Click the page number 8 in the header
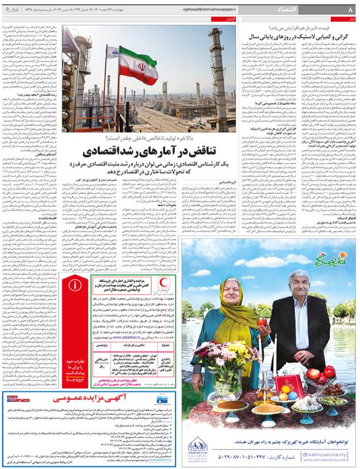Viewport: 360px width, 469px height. click(350, 9)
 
